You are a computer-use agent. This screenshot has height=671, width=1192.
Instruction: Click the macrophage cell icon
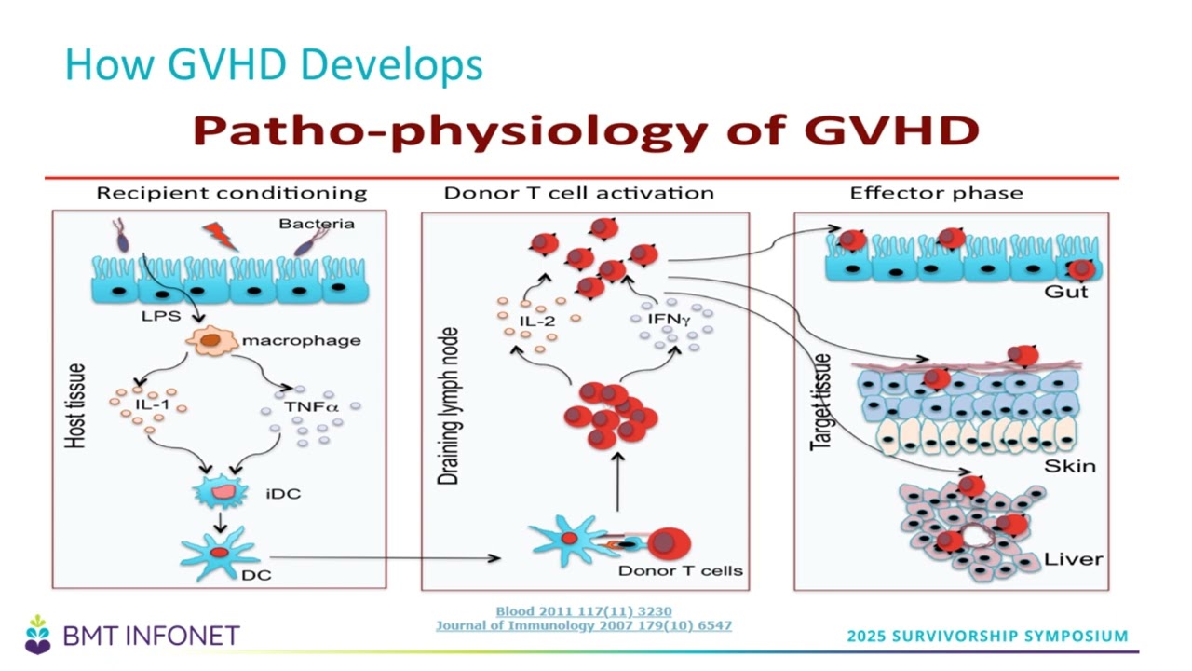tap(211, 341)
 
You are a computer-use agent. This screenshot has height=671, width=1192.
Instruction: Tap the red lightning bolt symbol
tap(220, 237)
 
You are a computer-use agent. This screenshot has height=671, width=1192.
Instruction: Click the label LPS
tap(161, 316)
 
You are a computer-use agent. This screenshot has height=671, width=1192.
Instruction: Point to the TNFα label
tap(311, 407)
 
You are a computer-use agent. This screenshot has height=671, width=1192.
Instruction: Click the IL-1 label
tap(152, 404)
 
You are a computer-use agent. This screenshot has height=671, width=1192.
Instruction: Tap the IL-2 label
tap(537, 322)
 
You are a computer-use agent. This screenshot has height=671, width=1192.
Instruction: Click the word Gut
tap(1066, 292)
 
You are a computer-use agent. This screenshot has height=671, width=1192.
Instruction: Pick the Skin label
tap(1070, 467)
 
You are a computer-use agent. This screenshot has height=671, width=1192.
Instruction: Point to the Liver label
tap(1073, 559)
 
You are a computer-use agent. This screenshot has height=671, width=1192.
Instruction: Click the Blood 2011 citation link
tap(584, 611)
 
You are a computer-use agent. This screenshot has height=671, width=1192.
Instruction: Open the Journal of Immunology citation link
tap(584, 625)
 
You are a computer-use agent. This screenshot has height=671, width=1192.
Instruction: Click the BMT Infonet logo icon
tap(38, 635)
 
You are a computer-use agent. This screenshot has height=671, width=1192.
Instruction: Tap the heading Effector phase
tap(937, 193)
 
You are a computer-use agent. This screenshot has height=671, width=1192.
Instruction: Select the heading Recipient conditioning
tap(232, 193)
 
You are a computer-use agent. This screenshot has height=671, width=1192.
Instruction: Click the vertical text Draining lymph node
tap(448, 406)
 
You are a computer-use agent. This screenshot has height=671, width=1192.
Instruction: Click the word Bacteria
tap(317, 224)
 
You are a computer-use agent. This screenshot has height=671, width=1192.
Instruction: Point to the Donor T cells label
tap(680, 571)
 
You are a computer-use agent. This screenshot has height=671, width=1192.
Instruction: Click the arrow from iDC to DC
tap(221, 523)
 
